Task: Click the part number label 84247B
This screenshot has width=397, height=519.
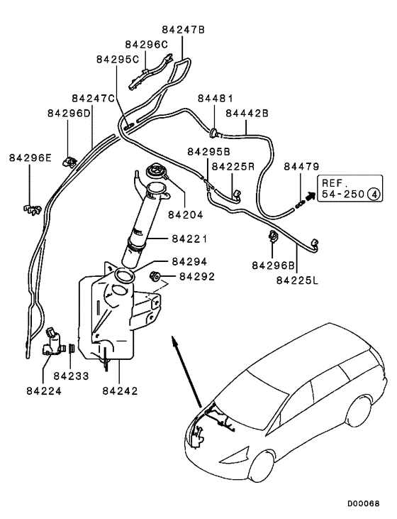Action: pyautogui.click(x=183, y=31)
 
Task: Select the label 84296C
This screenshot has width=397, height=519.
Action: pyautogui.click(x=147, y=44)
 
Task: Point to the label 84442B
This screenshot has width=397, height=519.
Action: pyautogui.click(x=247, y=112)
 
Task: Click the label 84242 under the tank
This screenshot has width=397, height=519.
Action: pyautogui.click(x=119, y=390)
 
